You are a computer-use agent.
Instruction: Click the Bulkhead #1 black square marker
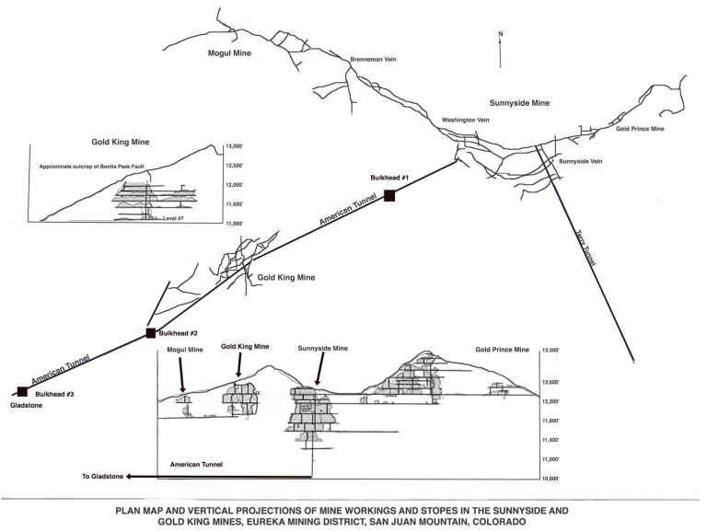pyautogui.click(x=389, y=194)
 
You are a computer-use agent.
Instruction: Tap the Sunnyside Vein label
pyautogui.click(x=582, y=161)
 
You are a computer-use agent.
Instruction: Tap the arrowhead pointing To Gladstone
pyautogui.click(x=129, y=476)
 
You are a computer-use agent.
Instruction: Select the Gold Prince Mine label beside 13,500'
pyautogui.click(x=503, y=351)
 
